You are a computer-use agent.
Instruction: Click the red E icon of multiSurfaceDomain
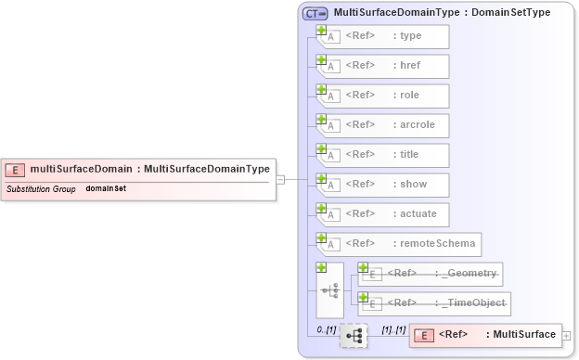pyautogui.click(x=15, y=169)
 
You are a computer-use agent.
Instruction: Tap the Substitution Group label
pyautogui.click(x=41, y=188)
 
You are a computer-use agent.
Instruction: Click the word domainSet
pyautogui.click(x=106, y=188)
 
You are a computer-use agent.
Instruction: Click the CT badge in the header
pyautogui.click(x=315, y=13)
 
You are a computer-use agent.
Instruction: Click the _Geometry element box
pyautogui.click(x=432, y=274)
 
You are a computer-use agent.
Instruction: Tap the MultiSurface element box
pyautogui.click(x=484, y=335)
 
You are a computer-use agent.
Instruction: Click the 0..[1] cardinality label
pyautogui.click(x=326, y=330)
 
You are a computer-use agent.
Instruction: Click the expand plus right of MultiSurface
pyautogui.click(x=566, y=335)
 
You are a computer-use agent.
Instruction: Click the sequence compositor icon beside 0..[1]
pyautogui.click(x=354, y=336)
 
